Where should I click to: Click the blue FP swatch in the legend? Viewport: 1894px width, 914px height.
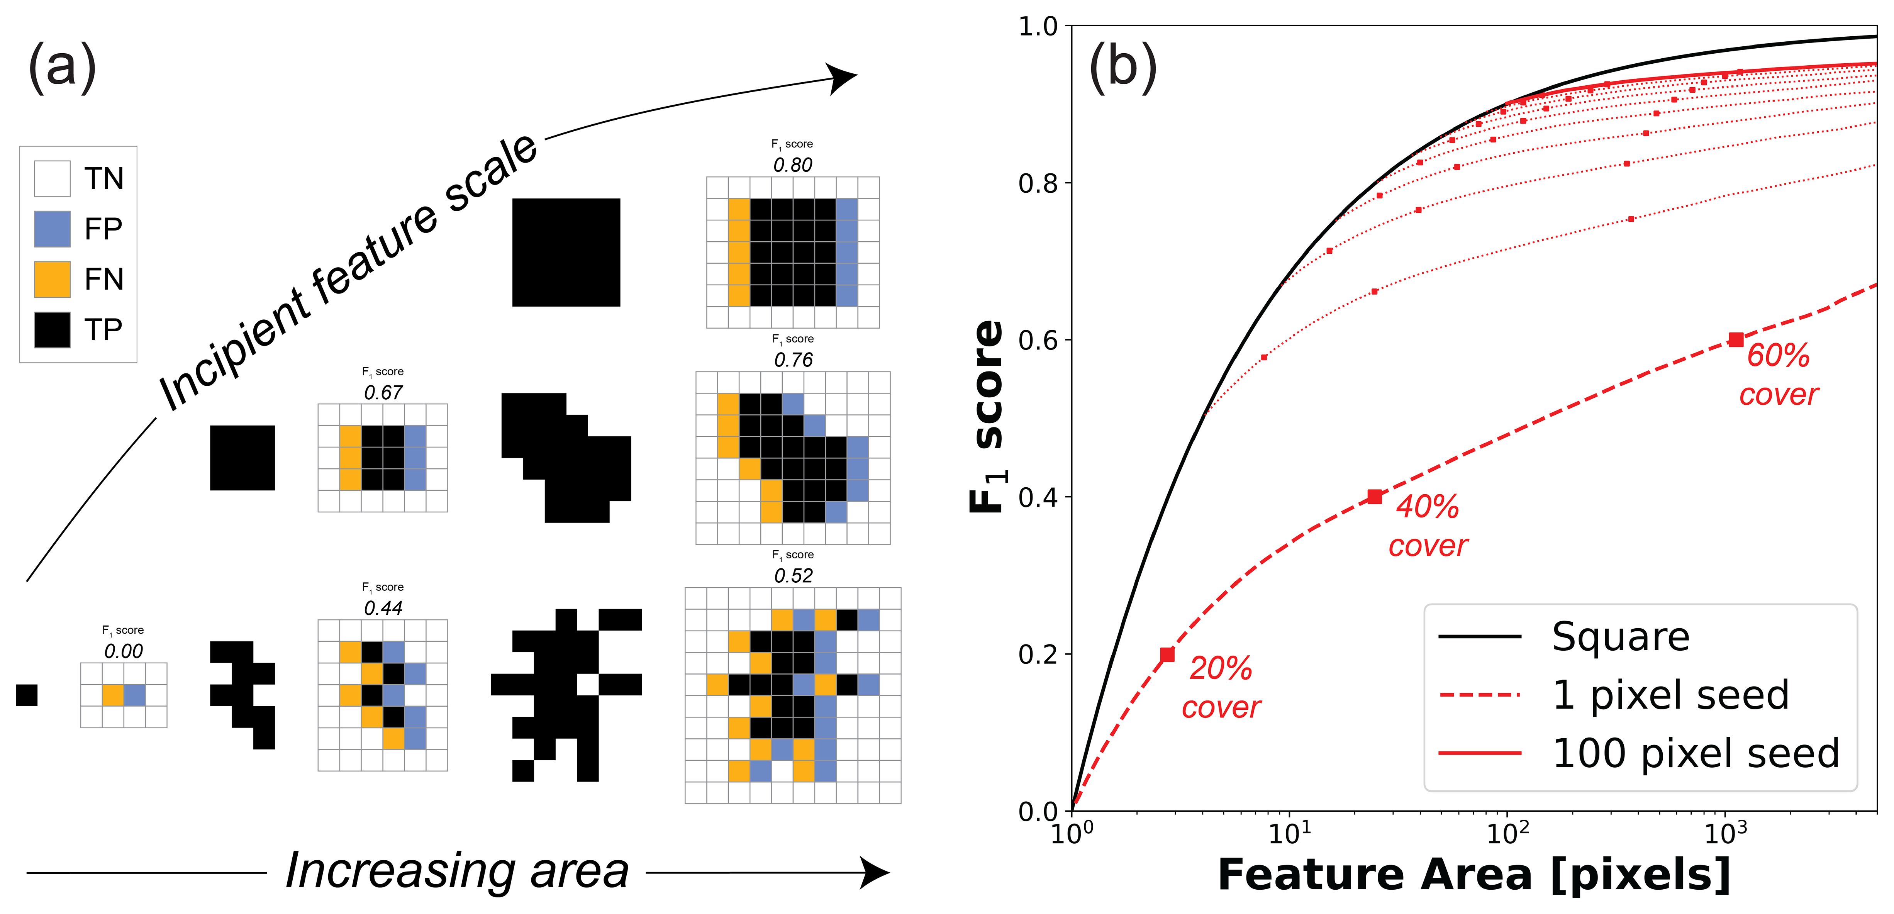52,229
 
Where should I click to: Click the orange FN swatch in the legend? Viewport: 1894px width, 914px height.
52,280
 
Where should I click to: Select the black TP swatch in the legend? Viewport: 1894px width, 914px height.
52,329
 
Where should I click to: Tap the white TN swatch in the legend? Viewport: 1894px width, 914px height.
52,179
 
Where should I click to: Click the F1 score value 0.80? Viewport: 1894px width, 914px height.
793,165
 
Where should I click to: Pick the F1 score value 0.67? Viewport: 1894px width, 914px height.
383,393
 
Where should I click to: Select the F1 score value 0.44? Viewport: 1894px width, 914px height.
383,608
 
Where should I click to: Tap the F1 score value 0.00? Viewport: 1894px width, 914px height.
124,651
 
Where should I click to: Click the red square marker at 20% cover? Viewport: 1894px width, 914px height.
1167,655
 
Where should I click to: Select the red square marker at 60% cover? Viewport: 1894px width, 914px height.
1736,340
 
